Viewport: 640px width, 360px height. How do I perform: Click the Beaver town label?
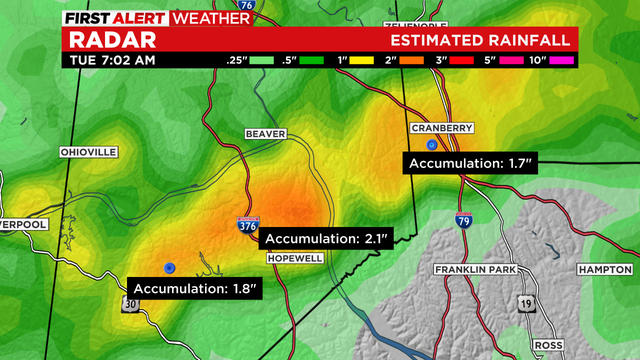point(265,133)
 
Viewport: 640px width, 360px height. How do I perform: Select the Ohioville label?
point(89,151)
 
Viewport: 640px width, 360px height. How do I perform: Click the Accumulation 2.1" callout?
point(327,239)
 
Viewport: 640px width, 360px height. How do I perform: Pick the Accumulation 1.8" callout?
point(197,289)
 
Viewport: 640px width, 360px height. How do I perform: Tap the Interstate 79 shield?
point(464,219)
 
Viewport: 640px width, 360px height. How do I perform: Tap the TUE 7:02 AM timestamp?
point(112,60)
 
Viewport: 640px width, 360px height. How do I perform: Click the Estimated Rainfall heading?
point(481,40)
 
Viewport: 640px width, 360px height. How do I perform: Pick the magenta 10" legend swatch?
point(561,60)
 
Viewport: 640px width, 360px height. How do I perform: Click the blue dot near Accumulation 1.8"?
point(170,267)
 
